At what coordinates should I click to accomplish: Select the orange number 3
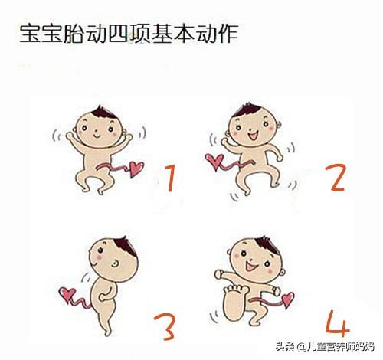165,327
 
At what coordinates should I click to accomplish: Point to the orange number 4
338,323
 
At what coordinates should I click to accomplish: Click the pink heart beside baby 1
136,169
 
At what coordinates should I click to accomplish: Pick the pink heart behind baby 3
67,294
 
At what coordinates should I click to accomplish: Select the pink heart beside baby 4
288,299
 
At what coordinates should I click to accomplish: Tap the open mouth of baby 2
254,135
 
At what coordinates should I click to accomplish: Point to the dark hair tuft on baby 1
104,112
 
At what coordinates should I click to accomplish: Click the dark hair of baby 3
126,246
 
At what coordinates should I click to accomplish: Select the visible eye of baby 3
116,263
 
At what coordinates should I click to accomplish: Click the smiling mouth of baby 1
97,136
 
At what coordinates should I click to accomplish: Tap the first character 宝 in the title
30,34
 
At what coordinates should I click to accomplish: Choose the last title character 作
228,34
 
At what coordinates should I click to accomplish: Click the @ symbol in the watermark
301,347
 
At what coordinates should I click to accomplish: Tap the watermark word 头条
285,347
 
